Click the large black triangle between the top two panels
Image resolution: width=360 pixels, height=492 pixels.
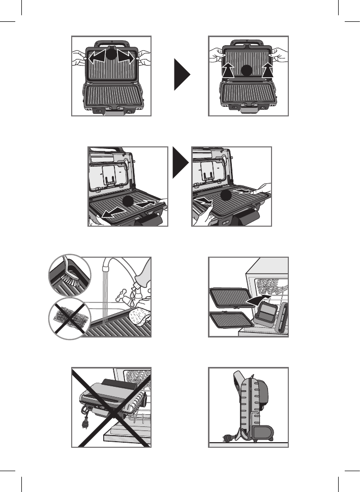click(x=181, y=74)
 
